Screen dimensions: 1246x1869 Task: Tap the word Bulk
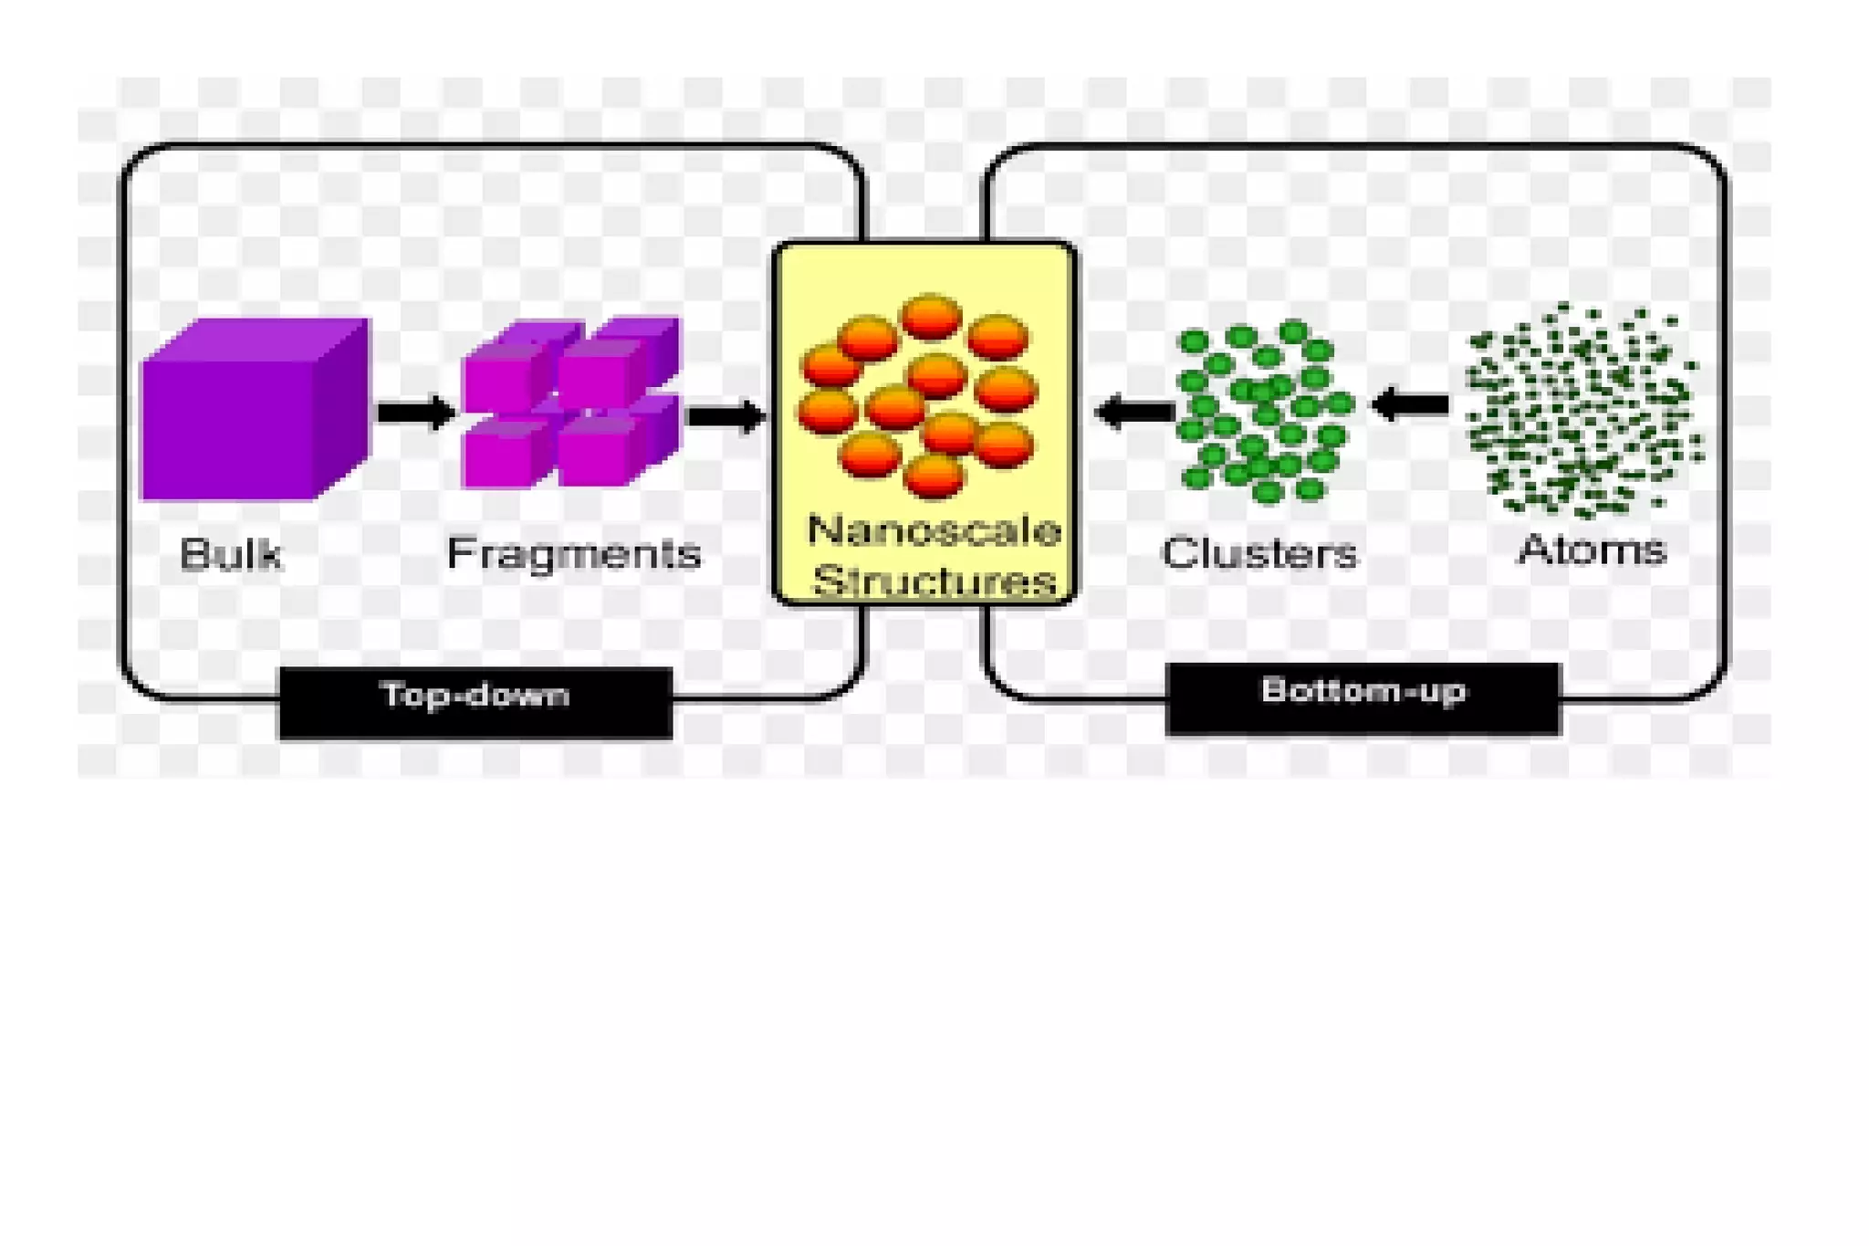click(x=230, y=553)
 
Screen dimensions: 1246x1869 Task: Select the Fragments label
click(x=573, y=553)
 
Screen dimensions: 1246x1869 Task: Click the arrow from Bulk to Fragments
click(x=415, y=413)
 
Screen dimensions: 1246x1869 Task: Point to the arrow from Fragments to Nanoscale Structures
click(x=725, y=416)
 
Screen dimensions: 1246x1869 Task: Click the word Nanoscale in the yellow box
click(x=933, y=530)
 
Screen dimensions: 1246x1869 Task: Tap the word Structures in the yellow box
click(x=933, y=581)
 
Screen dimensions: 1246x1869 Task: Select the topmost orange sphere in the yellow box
click(x=930, y=317)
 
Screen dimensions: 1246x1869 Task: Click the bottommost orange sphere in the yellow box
click(x=932, y=476)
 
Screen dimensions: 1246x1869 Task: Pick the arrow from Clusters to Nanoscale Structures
click(x=1134, y=411)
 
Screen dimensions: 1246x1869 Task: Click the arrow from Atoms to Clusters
click(x=1411, y=404)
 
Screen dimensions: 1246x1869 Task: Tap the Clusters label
click(x=1258, y=553)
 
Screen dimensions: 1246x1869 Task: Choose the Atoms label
click(x=1592, y=550)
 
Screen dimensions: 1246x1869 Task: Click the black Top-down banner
click(x=475, y=702)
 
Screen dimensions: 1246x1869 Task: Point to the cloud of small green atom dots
click(x=1583, y=411)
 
